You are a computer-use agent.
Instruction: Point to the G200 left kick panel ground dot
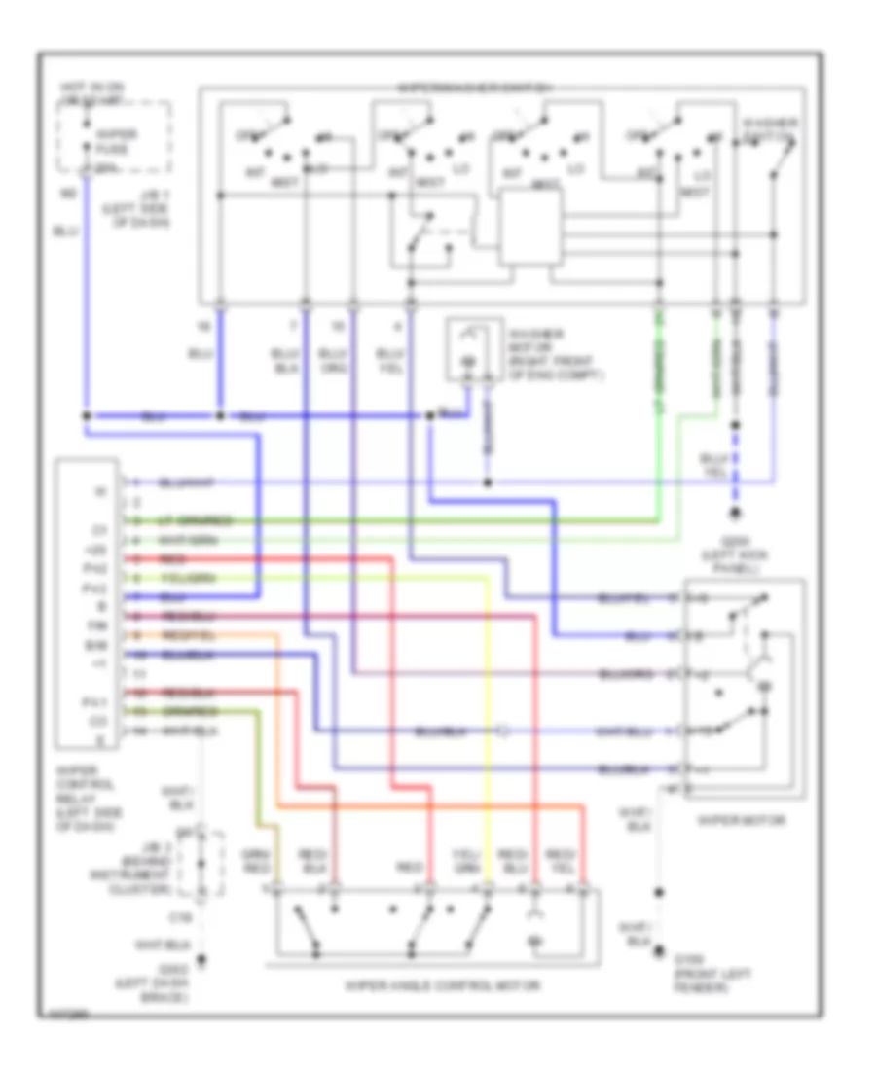pos(736,513)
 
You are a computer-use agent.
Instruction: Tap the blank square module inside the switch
pos(530,228)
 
